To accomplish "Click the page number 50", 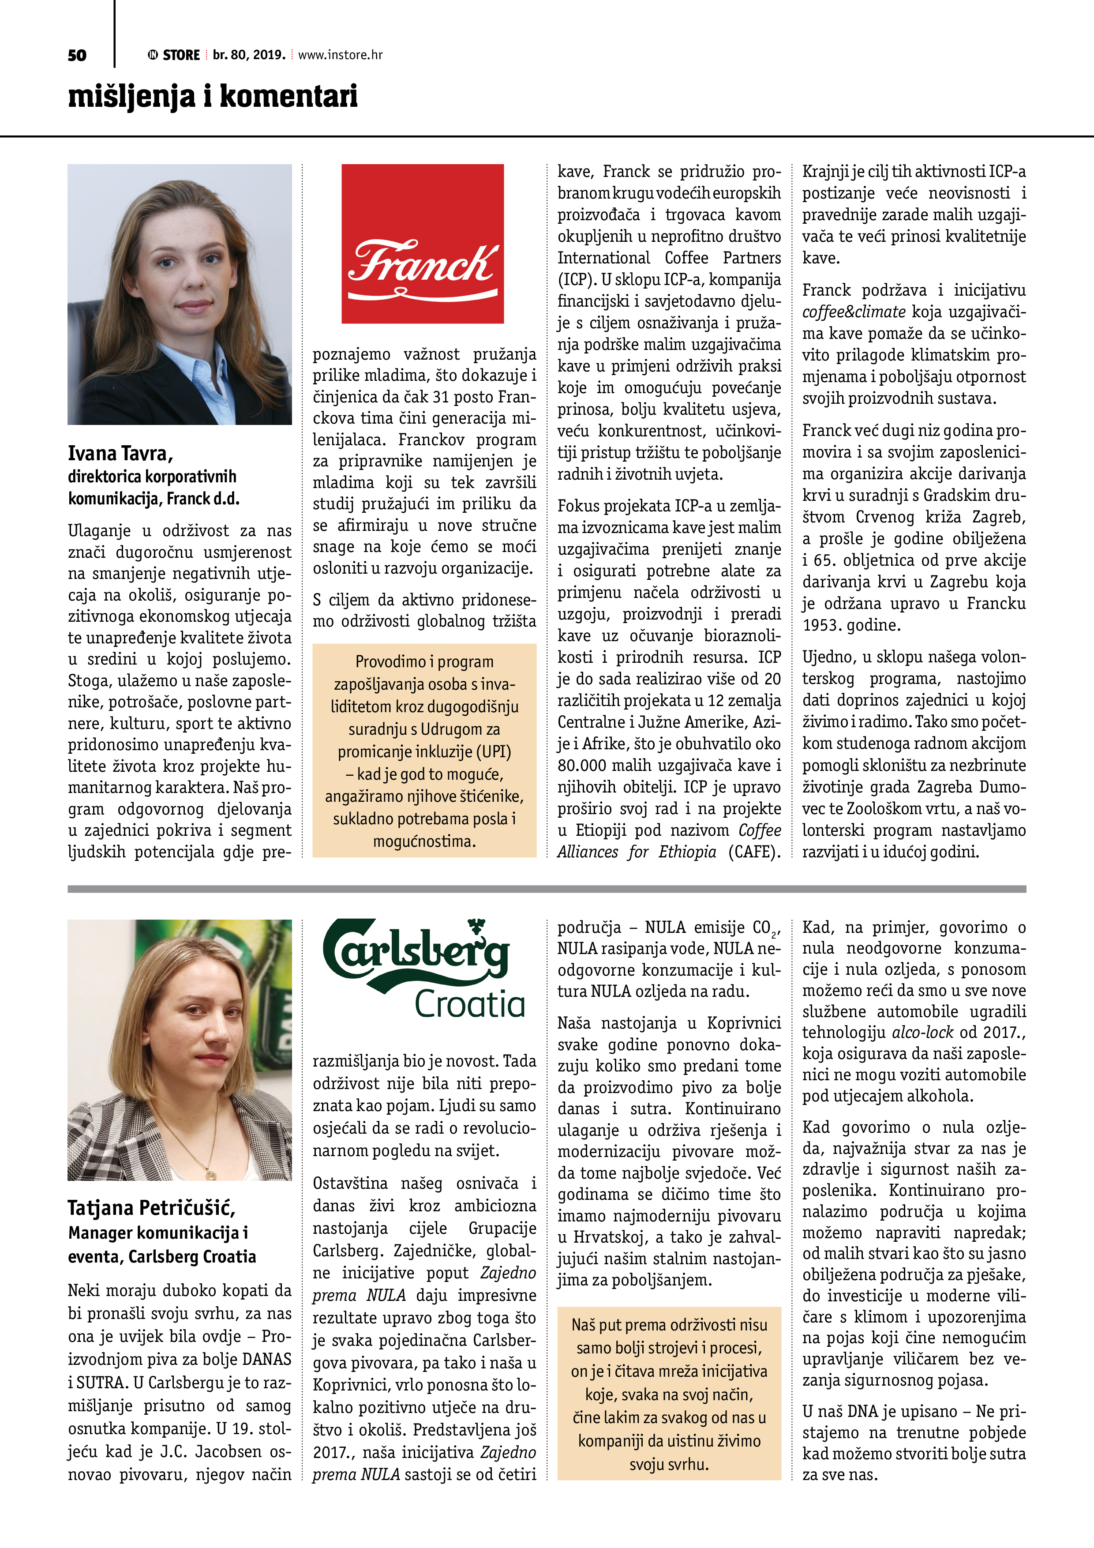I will click(77, 55).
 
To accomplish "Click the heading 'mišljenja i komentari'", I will click(212, 96).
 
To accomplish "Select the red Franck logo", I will click(423, 244).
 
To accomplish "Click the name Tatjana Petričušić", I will click(151, 1207).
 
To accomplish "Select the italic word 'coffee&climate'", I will click(853, 312).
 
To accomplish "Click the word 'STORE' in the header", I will click(181, 55).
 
